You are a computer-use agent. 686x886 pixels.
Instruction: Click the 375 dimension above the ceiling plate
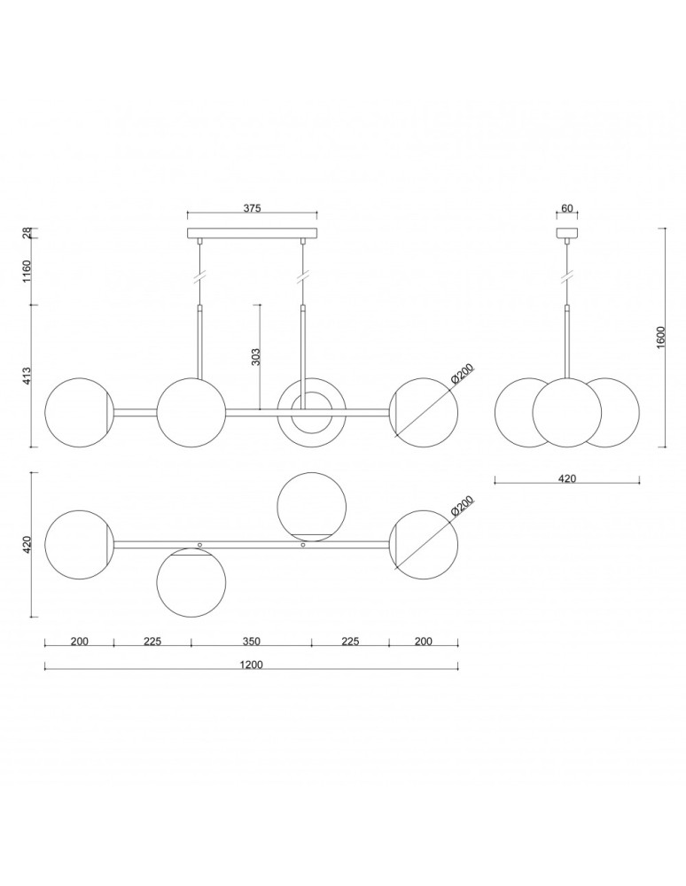click(252, 208)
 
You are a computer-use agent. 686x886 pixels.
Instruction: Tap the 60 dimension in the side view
click(566, 208)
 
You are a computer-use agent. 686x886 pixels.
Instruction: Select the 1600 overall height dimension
click(663, 338)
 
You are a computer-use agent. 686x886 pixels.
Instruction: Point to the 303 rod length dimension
click(256, 357)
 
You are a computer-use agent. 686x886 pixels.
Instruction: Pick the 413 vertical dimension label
click(27, 377)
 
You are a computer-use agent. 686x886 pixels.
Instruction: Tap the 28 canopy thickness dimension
click(27, 233)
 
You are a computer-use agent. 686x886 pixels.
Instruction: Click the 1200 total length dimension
click(252, 664)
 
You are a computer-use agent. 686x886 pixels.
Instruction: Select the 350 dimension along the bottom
click(252, 641)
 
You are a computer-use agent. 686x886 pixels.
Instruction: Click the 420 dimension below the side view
click(566, 478)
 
